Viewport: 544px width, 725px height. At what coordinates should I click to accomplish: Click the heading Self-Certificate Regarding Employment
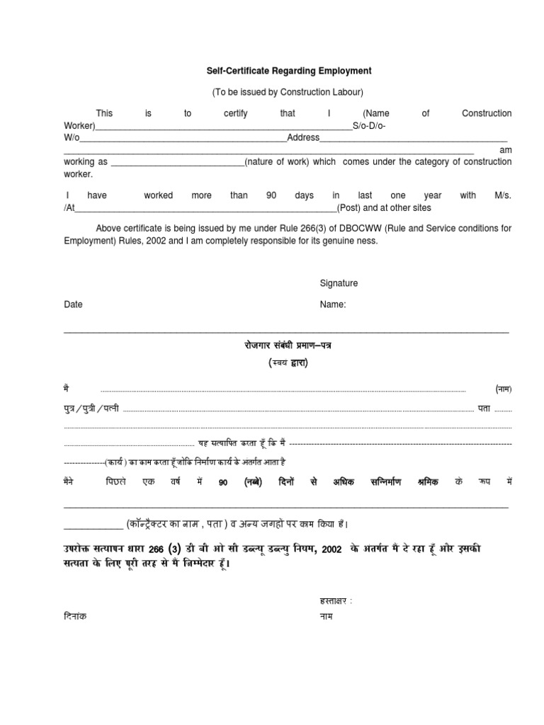click(x=288, y=72)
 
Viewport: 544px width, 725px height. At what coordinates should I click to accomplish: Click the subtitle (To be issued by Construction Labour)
click(x=288, y=93)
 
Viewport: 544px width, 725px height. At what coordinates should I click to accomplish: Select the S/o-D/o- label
click(x=369, y=125)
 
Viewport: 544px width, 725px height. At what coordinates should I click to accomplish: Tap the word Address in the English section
click(x=303, y=137)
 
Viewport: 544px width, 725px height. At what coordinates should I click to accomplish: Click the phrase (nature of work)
click(x=277, y=161)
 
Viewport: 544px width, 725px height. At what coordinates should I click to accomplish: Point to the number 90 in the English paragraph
click(x=271, y=195)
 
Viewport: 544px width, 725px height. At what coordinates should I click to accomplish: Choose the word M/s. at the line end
click(x=502, y=195)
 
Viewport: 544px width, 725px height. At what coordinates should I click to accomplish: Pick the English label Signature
click(x=339, y=283)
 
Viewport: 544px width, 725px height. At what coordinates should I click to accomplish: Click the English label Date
click(x=74, y=304)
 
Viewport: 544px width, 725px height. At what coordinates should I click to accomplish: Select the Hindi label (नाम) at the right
click(x=503, y=389)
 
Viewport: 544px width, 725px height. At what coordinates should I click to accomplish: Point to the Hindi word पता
click(x=484, y=409)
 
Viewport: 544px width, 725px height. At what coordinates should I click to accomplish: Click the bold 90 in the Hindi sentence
click(x=223, y=482)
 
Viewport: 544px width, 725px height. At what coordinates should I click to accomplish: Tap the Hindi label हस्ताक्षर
click(x=335, y=601)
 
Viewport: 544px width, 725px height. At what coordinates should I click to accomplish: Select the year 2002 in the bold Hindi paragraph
click(x=332, y=550)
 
